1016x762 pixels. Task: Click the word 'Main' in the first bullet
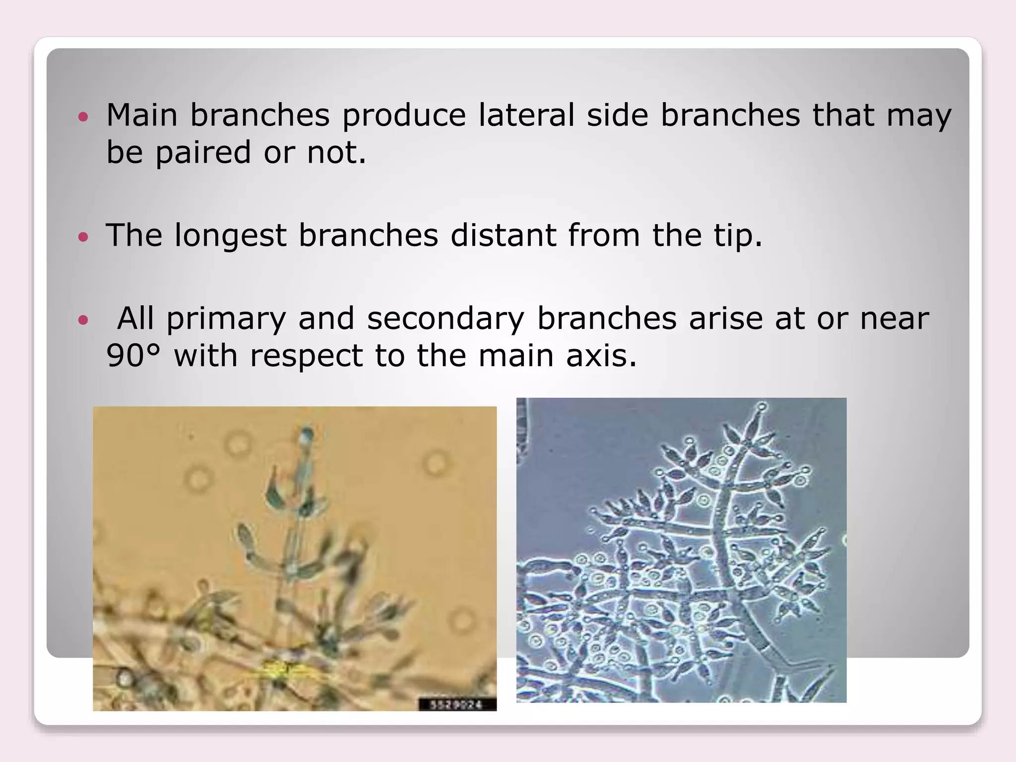pyautogui.click(x=142, y=115)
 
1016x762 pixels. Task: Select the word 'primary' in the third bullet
pyautogui.click(x=226, y=318)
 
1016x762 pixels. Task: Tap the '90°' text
pyautogui.click(x=133, y=356)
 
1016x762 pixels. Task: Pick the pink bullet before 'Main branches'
pyautogui.click(x=83, y=117)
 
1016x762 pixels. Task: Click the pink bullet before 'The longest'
pyautogui.click(x=83, y=237)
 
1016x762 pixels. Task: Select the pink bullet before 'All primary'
pyautogui.click(x=83, y=320)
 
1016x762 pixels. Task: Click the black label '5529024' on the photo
pyautogui.click(x=456, y=704)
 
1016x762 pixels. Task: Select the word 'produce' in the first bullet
pyautogui.click(x=404, y=115)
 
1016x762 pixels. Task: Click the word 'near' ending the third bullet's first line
pyautogui.click(x=894, y=318)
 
